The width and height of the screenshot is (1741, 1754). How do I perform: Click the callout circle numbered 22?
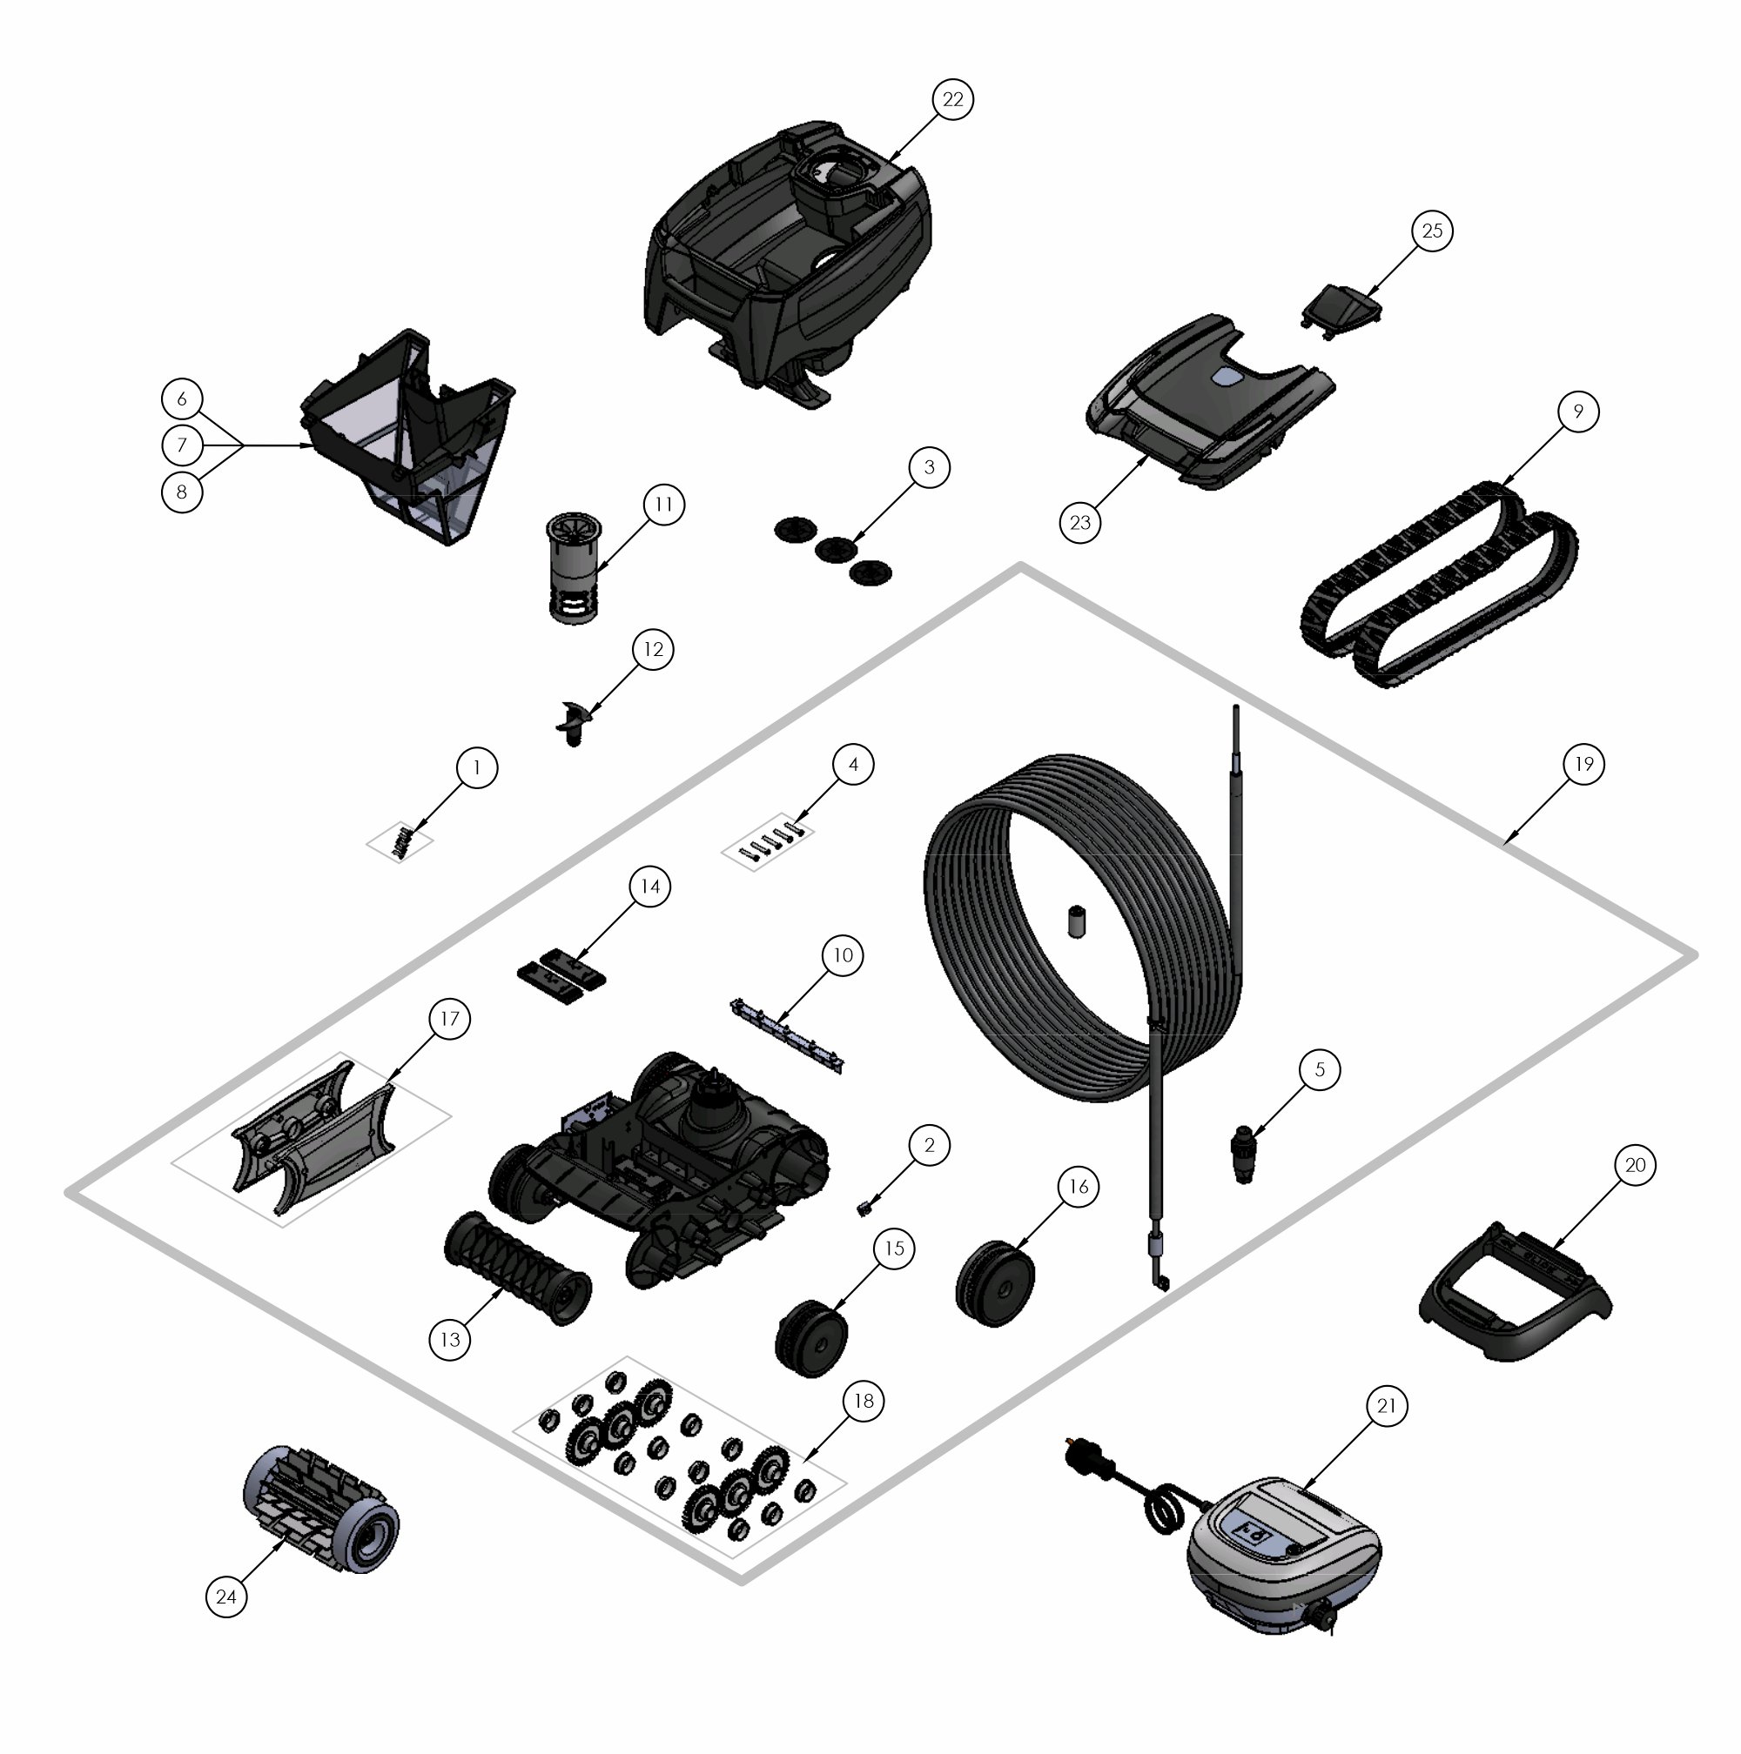pyautogui.click(x=951, y=99)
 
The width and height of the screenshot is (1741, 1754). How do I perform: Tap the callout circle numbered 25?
pyautogui.click(x=1431, y=231)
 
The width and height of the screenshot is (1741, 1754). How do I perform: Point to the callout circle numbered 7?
pyautogui.click(x=182, y=445)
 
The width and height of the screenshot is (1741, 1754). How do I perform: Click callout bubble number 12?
pyautogui.click(x=653, y=649)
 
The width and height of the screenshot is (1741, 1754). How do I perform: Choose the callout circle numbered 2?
pyautogui.click(x=928, y=1145)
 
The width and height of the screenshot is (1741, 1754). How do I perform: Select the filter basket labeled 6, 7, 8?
pyautogui.click(x=407, y=438)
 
